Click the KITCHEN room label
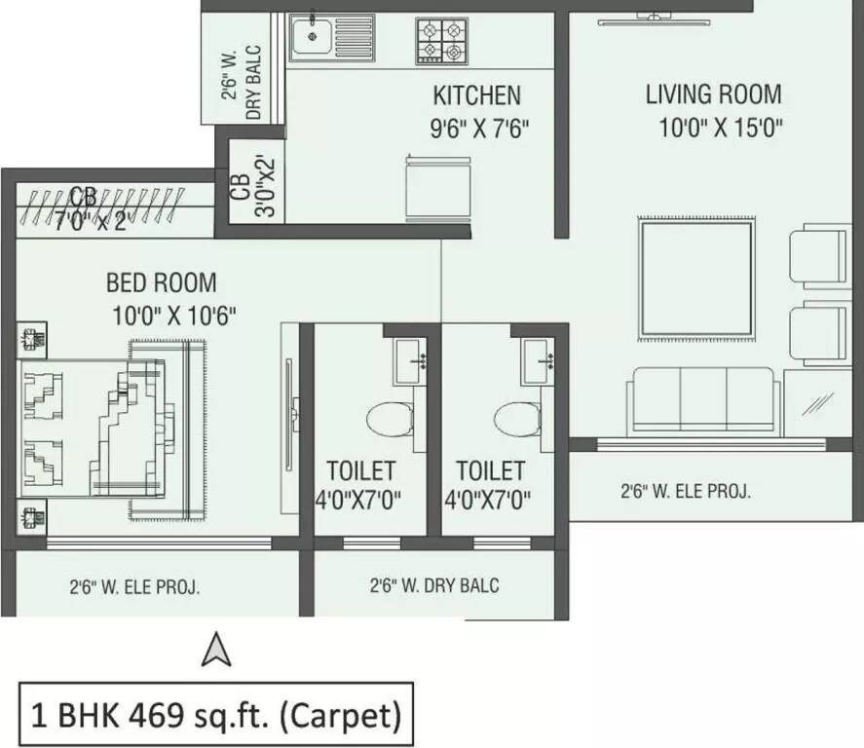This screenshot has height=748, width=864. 476,95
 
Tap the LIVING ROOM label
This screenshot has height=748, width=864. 713,94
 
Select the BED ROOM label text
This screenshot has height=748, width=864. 162,283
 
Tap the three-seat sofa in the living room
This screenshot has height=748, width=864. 703,400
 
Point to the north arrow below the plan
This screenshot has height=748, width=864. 215,651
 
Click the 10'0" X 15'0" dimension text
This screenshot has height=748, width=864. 720,128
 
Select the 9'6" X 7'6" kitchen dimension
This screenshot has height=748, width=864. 479,129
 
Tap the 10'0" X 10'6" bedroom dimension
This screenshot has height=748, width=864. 174,316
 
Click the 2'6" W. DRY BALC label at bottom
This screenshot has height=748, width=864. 433,585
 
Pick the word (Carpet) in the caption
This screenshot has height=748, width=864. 338,717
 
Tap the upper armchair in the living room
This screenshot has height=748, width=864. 819,253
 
